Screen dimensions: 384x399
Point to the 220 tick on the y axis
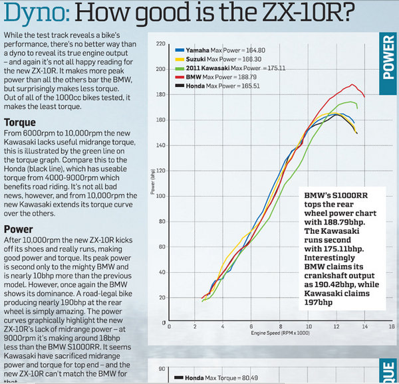click(x=160, y=44)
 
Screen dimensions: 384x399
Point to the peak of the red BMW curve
click(x=353, y=84)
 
